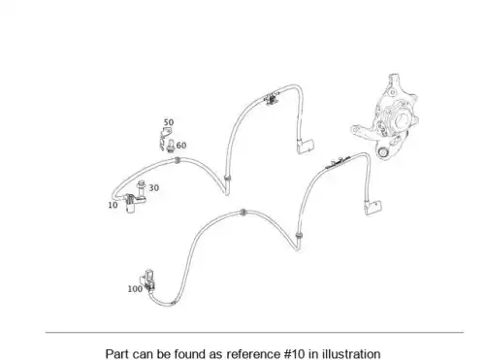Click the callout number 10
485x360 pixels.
pos(113,205)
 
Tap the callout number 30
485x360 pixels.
pos(154,187)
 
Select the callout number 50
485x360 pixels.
pos(169,122)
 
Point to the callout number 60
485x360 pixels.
pos(181,146)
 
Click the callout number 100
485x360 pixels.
pos(135,289)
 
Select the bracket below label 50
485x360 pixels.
pos(165,138)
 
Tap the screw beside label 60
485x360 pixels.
pos(171,146)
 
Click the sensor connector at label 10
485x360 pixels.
pos(131,204)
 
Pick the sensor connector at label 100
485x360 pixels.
pos(147,280)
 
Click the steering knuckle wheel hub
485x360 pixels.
pos(386,116)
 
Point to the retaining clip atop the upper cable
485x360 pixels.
pos(272,99)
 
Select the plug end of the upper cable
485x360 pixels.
pos(306,147)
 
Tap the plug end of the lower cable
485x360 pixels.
pos(373,208)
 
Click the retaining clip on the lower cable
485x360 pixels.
pos(338,163)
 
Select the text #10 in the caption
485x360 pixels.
pos(295,354)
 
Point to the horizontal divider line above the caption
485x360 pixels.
pos(254,332)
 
